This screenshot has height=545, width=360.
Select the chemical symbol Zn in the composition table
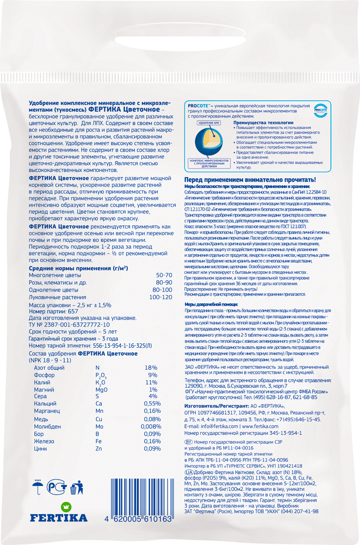(99, 448)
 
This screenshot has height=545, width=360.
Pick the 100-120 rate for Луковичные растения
(161, 297)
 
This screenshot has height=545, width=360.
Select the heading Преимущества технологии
(263, 123)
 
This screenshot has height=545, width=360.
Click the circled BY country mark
(189, 441)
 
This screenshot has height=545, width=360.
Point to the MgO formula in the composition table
(101, 390)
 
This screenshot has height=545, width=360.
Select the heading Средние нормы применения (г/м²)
(78, 268)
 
